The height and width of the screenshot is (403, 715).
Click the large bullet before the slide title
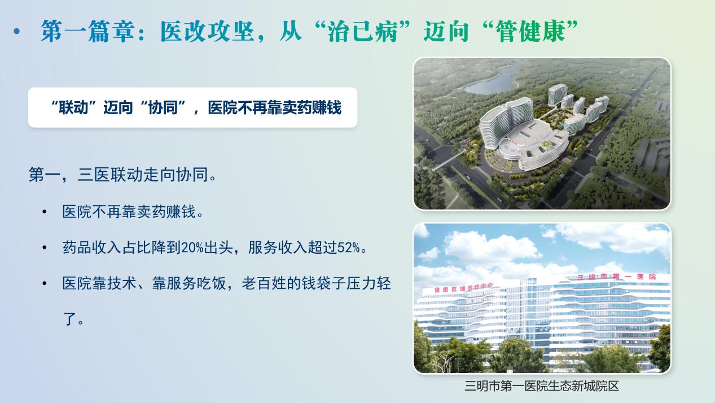point(17,31)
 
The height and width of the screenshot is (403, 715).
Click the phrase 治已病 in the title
point(362,31)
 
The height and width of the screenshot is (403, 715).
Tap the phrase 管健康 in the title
point(530,31)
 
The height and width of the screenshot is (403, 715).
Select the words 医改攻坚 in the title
point(207,31)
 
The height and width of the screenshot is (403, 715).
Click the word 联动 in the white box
point(73,107)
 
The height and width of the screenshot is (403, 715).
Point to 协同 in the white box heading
point(163,107)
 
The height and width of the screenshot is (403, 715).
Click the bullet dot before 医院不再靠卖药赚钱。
point(45,211)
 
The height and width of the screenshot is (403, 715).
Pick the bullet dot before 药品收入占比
point(45,248)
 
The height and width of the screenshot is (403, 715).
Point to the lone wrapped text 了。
point(73,319)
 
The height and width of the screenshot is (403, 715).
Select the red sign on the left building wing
point(463,288)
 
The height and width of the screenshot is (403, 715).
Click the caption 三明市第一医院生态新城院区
point(542,385)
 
